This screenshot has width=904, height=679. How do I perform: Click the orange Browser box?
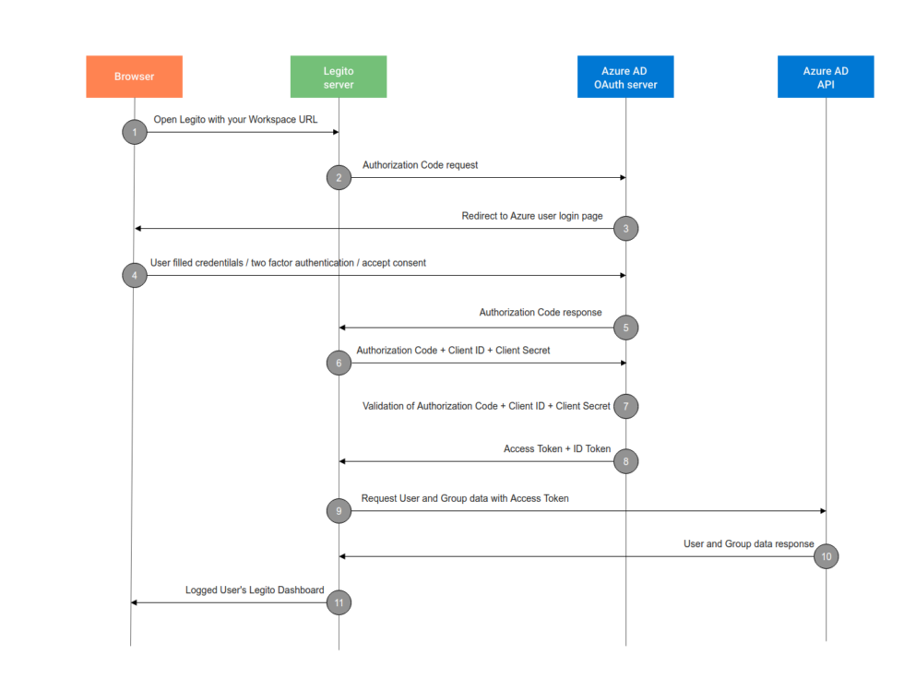point(134,77)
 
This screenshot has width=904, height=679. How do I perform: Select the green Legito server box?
point(339,77)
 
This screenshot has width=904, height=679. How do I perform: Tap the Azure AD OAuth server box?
point(625,77)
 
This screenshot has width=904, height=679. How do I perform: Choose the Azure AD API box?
point(826,77)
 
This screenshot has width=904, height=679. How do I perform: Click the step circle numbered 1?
point(135,132)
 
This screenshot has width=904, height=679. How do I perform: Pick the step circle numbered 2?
point(339,177)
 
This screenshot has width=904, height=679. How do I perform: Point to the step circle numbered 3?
point(625,228)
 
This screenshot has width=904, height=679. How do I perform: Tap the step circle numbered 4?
point(135,275)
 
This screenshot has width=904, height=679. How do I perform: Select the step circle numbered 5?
point(625,328)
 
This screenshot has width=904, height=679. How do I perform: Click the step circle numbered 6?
point(339,363)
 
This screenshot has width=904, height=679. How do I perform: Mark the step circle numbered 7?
point(625,406)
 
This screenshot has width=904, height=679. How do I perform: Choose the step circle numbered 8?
point(625,460)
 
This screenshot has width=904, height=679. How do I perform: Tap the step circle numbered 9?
point(339,510)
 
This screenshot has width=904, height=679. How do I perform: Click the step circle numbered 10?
point(826,556)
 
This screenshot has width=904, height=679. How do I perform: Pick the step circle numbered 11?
point(339,602)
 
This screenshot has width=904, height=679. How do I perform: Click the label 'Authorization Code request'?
point(420,165)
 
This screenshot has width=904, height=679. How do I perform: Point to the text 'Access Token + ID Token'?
point(557,449)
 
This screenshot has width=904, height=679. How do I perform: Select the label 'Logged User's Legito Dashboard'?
point(255,590)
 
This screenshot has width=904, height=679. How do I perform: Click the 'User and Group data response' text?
point(748,544)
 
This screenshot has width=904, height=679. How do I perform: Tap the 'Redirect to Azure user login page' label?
point(532,216)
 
